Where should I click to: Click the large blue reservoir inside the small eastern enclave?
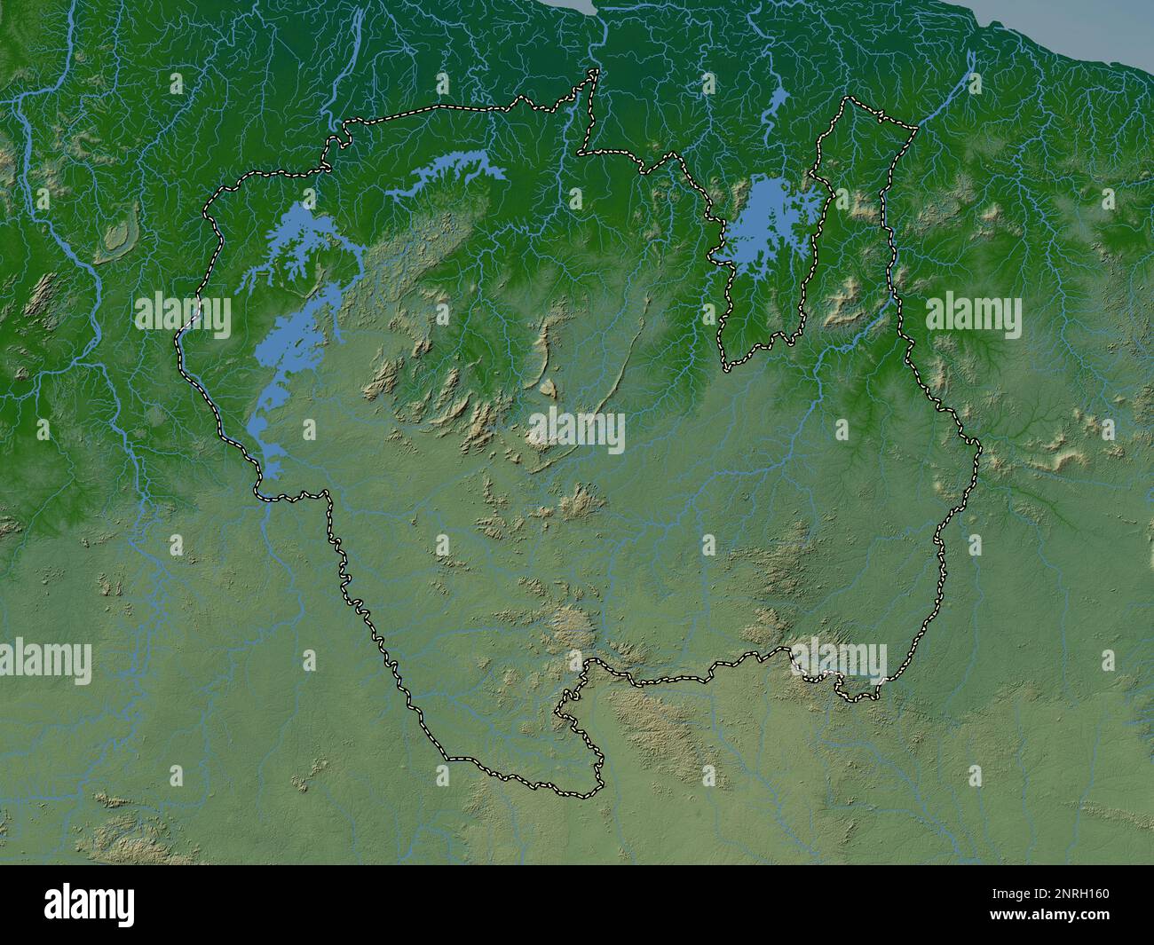point(765,222)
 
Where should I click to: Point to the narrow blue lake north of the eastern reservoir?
point(774,111)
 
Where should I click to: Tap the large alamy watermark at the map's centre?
point(577,430)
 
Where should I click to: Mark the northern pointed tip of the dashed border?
point(596,72)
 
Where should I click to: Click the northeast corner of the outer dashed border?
point(915,126)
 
